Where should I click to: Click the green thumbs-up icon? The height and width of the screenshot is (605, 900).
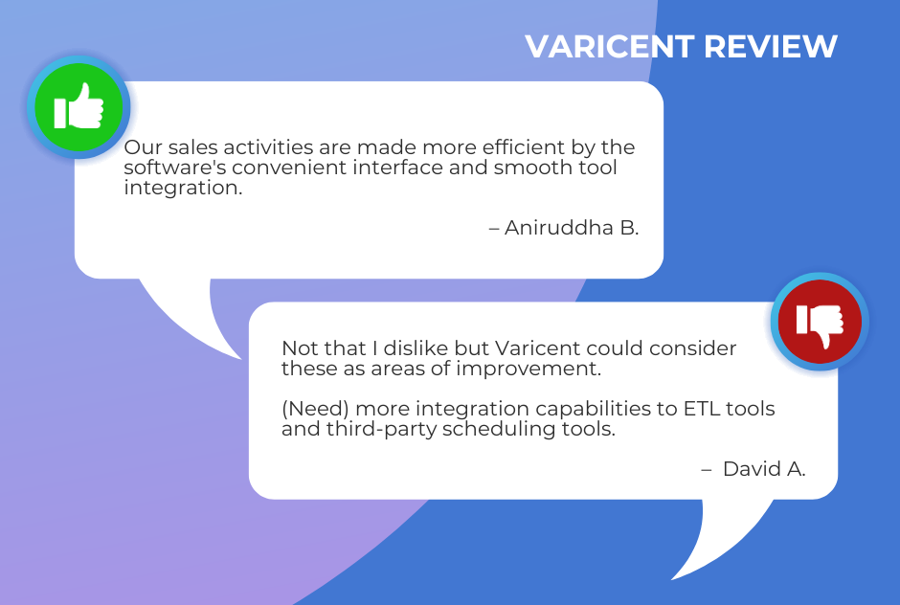tap(79, 107)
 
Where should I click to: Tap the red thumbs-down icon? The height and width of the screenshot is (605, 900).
tap(820, 322)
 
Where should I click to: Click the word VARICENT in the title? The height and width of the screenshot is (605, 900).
tap(610, 47)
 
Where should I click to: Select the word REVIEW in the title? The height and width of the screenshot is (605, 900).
tap(771, 47)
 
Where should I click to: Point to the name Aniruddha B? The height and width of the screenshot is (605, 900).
tap(572, 228)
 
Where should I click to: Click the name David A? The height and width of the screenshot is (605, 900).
tap(764, 469)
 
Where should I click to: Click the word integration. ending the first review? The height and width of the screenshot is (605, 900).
tap(183, 188)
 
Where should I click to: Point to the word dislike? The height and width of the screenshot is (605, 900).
tap(416, 348)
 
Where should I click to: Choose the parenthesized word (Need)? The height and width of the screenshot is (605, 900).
tap(315, 409)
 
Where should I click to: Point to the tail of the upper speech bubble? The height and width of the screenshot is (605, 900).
tap(190, 316)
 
